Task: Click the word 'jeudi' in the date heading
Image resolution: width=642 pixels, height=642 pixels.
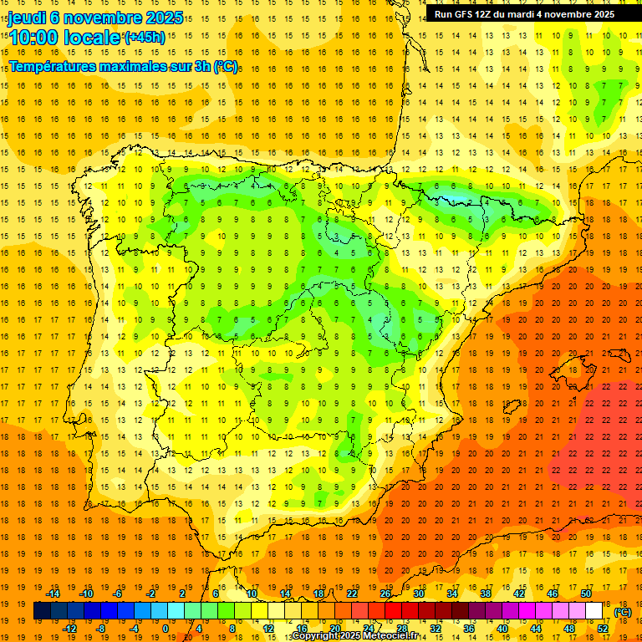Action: point(27,18)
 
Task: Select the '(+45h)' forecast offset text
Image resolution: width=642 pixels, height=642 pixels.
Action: point(145,38)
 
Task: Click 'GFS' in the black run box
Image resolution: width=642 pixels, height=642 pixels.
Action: point(467,14)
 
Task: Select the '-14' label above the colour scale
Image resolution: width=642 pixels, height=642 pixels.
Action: point(55,594)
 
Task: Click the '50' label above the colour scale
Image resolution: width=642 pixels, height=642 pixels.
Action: point(585,594)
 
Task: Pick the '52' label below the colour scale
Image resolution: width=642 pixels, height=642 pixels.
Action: point(603,629)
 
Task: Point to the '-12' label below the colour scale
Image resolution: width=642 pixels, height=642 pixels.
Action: point(71,629)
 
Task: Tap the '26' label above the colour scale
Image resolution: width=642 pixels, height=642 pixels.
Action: point(385,594)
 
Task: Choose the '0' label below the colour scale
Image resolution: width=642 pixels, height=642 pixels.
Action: point(165,629)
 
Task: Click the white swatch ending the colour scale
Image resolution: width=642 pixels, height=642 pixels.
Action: point(594,611)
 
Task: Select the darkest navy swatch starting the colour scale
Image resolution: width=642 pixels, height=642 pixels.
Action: point(42,611)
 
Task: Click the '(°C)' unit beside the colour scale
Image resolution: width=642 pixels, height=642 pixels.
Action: point(624,612)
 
